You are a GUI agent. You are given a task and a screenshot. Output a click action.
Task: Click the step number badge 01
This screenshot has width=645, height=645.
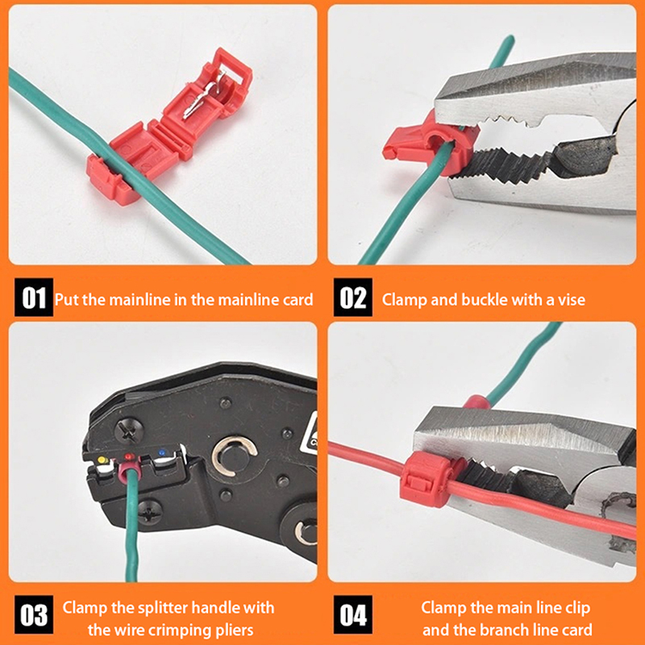(x=34, y=298)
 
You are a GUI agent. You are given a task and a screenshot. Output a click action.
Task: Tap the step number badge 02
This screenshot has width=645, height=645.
(x=353, y=298)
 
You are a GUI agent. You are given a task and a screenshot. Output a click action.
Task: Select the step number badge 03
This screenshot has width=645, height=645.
(x=34, y=614)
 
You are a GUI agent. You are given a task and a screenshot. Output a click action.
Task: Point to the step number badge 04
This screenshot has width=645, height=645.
(x=353, y=614)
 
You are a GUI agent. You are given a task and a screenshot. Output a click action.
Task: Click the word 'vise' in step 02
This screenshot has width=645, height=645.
(x=572, y=300)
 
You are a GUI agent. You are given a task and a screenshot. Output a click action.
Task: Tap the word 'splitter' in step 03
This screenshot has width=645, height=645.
(x=163, y=608)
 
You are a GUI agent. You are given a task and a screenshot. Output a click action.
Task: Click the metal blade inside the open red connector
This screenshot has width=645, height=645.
(x=202, y=98)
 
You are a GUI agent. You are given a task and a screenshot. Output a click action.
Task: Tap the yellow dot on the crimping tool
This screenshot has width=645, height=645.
(x=102, y=459)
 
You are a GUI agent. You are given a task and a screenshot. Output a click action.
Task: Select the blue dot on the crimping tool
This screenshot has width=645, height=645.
(x=162, y=452)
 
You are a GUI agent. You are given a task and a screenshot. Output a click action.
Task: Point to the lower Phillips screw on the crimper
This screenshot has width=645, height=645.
(x=150, y=512)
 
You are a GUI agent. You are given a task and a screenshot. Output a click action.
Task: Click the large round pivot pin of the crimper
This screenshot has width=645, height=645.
(x=235, y=456)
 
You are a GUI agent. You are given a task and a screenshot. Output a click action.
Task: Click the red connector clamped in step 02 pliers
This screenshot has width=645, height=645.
(x=431, y=145)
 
